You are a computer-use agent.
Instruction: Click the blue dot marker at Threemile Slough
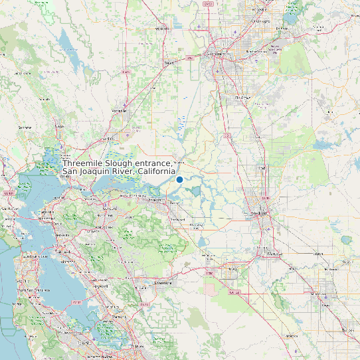[x=179, y=179]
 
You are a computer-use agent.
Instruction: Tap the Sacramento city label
[x=217, y=55]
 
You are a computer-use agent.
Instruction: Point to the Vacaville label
[x=120, y=110]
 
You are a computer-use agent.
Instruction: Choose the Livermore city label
[x=163, y=282]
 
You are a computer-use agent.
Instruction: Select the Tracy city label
[x=232, y=268]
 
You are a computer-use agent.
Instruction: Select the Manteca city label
[x=273, y=254]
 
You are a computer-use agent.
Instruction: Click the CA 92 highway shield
[x=78, y=303]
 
